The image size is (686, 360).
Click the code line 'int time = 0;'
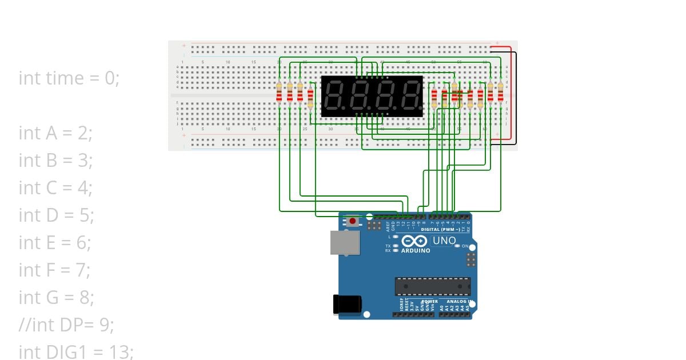tap(69, 78)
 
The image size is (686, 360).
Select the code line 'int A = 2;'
tap(55, 133)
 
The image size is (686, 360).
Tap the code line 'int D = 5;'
tap(56, 215)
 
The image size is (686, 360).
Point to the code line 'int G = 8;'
tap(56, 298)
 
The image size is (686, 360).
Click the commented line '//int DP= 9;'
tap(66, 325)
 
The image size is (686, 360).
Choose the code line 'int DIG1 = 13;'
tap(76, 352)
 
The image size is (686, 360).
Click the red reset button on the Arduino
tap(353, 221)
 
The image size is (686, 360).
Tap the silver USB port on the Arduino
tap(345, 242)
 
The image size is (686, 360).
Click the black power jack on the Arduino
tap(347, 303)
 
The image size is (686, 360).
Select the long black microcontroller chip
tap(433, 286)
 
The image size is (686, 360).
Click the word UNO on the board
tap(444, 241)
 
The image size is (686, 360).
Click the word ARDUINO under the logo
tap(416, 251)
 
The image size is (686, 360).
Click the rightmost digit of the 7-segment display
tap(410, 96)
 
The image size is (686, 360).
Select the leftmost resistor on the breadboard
tap(279, 91)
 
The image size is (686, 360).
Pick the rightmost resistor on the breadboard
tap(500, 91)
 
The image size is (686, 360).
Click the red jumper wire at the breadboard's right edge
tap(510, 91)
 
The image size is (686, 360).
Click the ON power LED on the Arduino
tap(457, 246)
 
